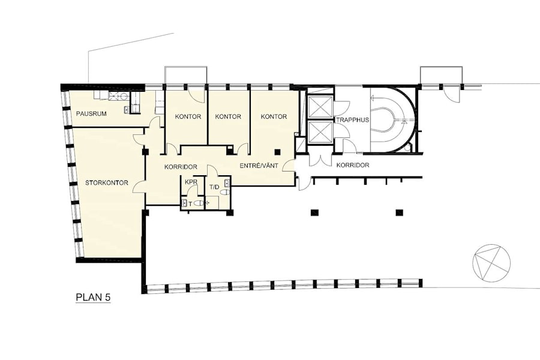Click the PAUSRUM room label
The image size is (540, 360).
pyautogui.click(x=91, y=113)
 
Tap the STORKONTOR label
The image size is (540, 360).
pyautogui.click(x=107, y=182)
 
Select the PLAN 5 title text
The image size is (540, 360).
pyautogui.click(x=93, y=298)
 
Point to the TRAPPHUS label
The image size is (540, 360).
pyautogui.click(x=353, y=120)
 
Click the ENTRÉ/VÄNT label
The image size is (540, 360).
pyautogui.click(x=259, y=166)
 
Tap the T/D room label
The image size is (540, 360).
pyautogui.click(x=214, y=187)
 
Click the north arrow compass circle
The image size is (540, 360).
pyautogui.click(x=491, y=262)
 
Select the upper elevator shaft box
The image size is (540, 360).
pyautogui.click(x=319, y=108)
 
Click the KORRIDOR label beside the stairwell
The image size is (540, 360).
pyautogui.click(x=353, y=165)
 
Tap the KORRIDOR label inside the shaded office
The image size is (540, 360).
pyautogui.click(x=181, y=167)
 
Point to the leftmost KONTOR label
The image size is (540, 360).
pyautogui.click(x=188, y=117)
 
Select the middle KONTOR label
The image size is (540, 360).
pyautogui.click(x=228, y=117)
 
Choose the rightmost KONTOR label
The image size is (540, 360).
pyautogui.click(x=274, y=117)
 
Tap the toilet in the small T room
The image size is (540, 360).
pyautogui.click(x=198, y=203)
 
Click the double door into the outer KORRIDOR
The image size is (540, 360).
pyautogui.click(x=320, y=158)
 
